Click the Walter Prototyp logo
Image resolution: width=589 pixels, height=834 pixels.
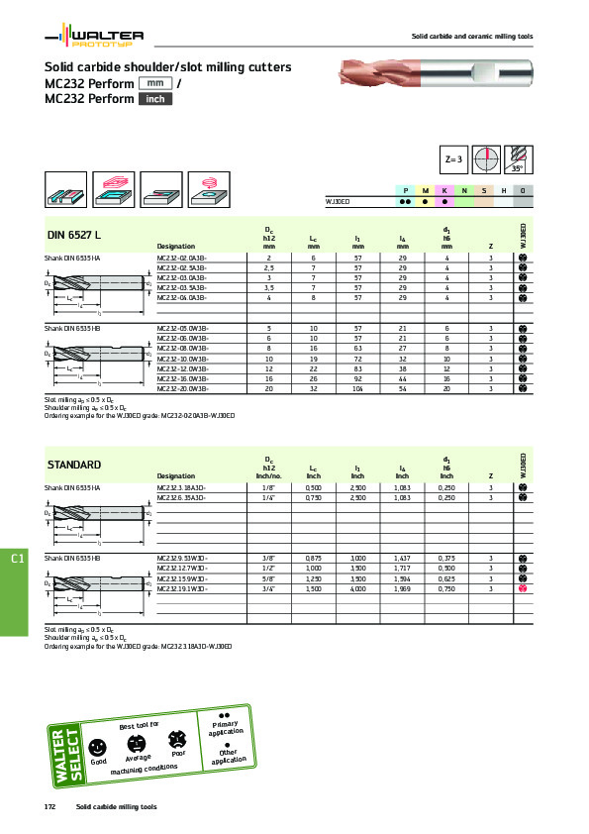[95, 39]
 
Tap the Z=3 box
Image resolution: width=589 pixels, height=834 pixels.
[454, 159]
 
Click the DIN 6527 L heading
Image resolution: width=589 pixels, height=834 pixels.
[75, 235]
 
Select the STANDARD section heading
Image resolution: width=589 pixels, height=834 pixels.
[75, 465]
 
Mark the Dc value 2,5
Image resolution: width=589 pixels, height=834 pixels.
[269, 267]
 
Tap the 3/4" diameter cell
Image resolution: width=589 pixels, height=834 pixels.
[269, 589]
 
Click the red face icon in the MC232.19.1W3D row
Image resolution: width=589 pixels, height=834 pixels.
[523, 589]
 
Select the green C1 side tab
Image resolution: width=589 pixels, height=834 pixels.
[17, 561]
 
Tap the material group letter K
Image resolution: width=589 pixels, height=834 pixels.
[444, 189]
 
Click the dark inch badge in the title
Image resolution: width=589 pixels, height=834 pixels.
[153, 99]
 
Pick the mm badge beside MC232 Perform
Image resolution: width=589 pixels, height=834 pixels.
[156, 83]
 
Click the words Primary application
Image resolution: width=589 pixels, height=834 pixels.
[224, 728]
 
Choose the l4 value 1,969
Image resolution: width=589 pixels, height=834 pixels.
[403, 589]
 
